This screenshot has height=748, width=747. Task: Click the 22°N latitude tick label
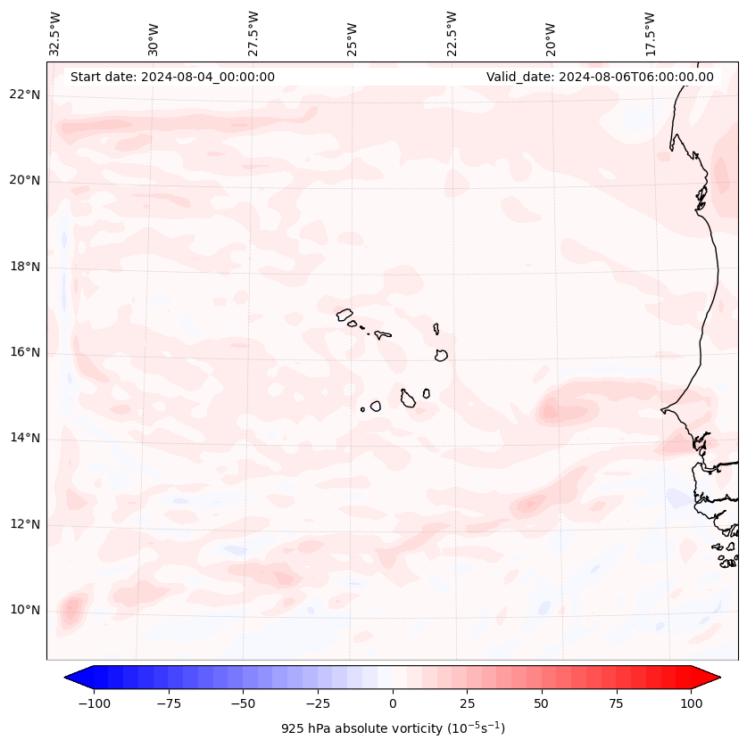coord(24,95)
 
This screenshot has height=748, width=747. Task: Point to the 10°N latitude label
coord(24,610)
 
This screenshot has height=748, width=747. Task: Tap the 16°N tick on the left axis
coord(24,352)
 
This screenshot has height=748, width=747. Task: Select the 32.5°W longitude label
coord(55,33)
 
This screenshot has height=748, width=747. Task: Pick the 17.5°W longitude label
coord(650,33)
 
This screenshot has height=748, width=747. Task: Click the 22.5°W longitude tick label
coord(452,33)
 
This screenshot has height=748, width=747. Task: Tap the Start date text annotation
coord(172,77)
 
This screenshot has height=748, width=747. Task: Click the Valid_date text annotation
coord(600,77)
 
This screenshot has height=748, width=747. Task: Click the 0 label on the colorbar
coord(392,703)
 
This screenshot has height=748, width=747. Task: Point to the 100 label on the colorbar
coord(692,703)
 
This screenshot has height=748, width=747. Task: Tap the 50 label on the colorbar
coord(541,703)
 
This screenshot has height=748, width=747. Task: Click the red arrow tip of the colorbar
coord(711,678)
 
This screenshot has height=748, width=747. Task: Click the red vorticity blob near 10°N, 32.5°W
coord(71,611)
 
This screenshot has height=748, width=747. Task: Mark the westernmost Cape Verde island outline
coord(344,314)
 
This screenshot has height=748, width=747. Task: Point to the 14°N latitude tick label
coord(24,438)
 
